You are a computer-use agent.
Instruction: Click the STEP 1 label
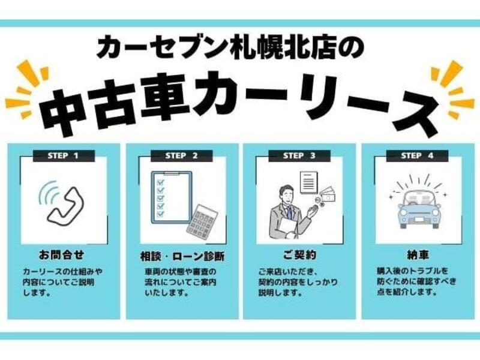tap(63, 156)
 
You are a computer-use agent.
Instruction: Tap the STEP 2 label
tap(181, 156)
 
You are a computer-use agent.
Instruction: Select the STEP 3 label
tap(299, 156)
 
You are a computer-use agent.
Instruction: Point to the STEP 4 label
tap(417, 156)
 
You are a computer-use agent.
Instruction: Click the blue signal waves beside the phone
tap(47, 194)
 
